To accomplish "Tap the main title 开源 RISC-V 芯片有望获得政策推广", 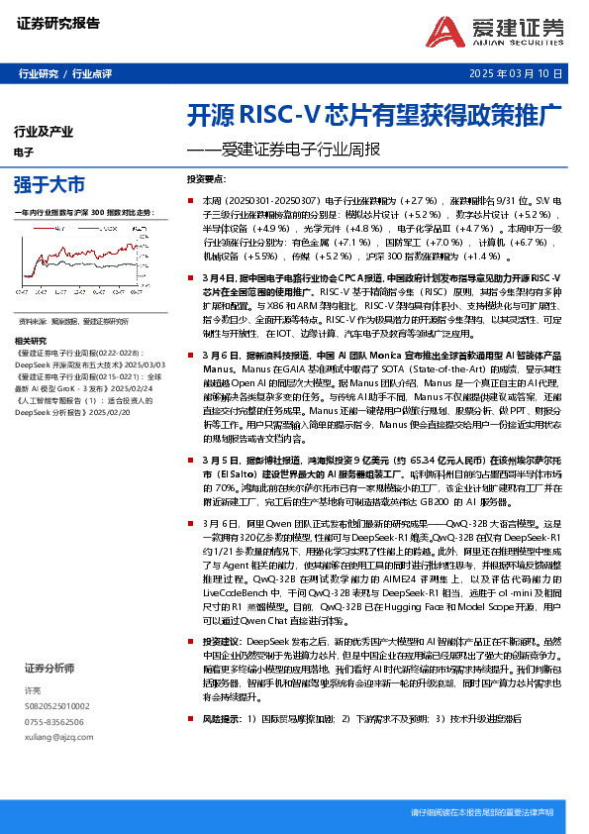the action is pos(375,113).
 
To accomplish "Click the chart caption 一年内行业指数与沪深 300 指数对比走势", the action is pos(85,212).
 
